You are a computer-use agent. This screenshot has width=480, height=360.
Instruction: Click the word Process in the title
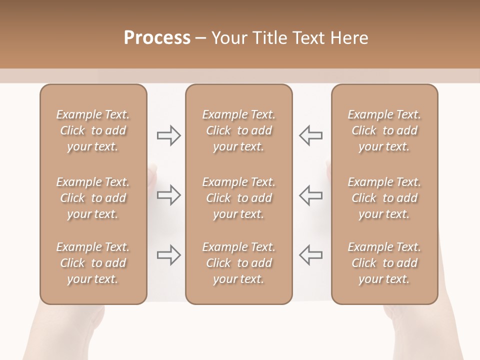pyautogui.click(x=157, y=37)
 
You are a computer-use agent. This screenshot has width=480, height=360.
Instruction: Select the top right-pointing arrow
pyautogui.click(x=169, y=135)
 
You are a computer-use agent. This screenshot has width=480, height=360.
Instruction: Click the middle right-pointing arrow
pyautogui.click(x=169, y=195)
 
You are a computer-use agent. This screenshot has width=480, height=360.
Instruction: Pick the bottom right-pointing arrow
pyautogui.click(x=169, y=255)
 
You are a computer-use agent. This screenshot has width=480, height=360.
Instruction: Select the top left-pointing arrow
pyautogui.click(x=310, y=135)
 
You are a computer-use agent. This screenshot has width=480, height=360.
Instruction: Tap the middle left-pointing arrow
pyautogui.click(x=310, y=195)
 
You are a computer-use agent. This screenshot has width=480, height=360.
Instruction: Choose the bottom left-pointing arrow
pyautogui.click(x=310, y=255)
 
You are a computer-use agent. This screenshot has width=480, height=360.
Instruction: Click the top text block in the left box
pyautogui.click(x=93, y=130)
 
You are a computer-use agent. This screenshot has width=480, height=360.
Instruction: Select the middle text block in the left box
pyautogui.click(x=93, y=198)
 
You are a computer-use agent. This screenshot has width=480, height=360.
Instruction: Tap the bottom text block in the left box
pyautogui.click(x=93, y=263)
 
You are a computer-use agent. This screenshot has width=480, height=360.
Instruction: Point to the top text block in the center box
pyautogui.click(x=239, y=130)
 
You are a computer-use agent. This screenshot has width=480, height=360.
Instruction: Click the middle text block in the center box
pyautogui.click(x=239, y=198)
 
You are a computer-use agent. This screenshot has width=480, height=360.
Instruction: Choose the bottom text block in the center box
pyautogui.click(x=239, y=263)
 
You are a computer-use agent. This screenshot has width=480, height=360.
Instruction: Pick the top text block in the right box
pyautogui.click(x=384, y=130)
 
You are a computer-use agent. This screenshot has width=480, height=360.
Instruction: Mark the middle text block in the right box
pyautogui.click(x=384, y=198)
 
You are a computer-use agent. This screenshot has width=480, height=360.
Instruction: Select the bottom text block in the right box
pyautogui.click(x=384, y=263)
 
